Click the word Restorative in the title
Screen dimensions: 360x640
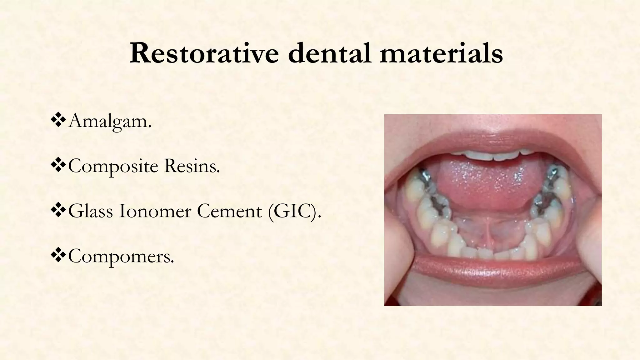204,53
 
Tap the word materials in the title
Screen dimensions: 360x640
441,53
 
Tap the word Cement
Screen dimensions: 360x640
229,211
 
